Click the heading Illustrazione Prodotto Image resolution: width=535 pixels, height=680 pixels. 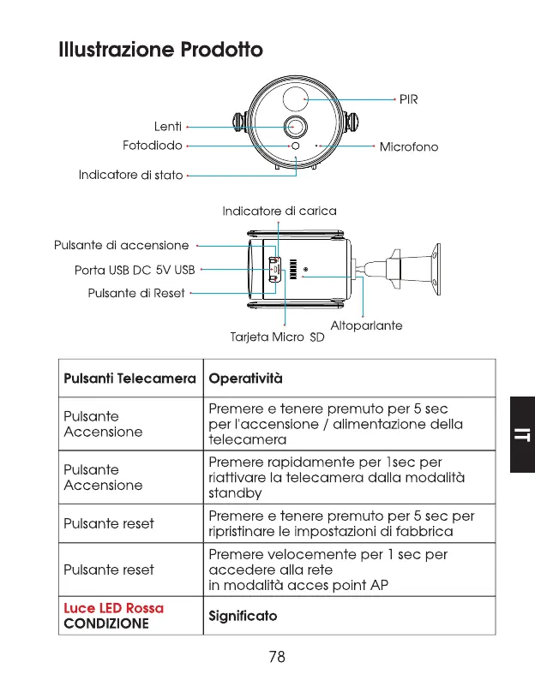coord(160,50)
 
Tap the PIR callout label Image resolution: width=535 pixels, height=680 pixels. coord(408,100)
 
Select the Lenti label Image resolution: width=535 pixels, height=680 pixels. coord(167,127)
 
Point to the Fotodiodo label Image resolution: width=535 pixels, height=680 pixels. coord(153,146)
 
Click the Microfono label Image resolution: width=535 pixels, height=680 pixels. coord(408,146)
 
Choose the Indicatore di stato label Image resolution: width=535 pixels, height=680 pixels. coord(131,175)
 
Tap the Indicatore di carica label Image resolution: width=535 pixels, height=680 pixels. coord(280,211)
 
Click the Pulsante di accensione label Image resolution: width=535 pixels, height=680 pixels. coord(121,246)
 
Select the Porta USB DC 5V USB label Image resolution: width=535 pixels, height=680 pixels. coord(135,271)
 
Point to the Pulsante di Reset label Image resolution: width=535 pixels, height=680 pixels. coord(136,293)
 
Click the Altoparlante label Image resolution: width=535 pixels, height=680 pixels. coord(366,325)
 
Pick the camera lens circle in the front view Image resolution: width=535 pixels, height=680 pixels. coord(296,125)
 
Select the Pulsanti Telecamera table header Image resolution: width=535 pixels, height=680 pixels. coord(130,378)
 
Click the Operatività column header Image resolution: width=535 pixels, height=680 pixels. coord(245,378)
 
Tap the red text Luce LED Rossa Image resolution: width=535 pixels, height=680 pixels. coord(114,607)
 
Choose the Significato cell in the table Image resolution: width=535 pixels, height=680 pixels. coord(243,616)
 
